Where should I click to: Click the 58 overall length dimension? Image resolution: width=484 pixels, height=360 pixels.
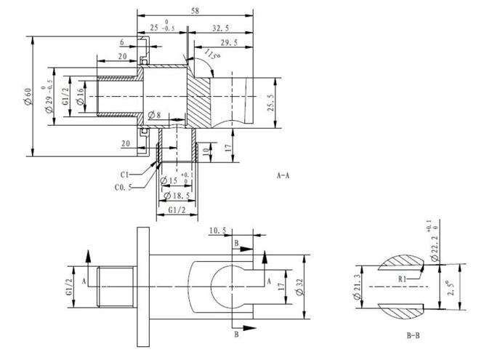click(x=195, y=10)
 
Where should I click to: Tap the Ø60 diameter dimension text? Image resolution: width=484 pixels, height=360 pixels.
click(x=28, y=96)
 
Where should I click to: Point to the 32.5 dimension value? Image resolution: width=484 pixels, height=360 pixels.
click(x=221, y=28)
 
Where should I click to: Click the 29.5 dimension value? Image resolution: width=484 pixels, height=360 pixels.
click(x=230, y=43)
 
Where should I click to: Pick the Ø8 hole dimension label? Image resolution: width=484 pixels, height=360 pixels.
click(x=154, y=115)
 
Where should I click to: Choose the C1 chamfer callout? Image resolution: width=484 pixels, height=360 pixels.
click(x=124, y=175)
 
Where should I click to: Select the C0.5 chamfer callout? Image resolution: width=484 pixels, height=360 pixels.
click(x=123, y=187)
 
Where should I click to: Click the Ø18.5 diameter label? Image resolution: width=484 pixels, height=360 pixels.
click(x=177, y=196)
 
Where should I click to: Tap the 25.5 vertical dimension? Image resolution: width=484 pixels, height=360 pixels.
click(x=270, y=103)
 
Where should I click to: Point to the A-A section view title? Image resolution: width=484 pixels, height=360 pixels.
click(x=283, y=175)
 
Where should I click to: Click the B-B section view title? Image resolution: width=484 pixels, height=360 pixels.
click(x=413, y=335)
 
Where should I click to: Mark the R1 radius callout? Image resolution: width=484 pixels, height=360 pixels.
click(x=402, y=279)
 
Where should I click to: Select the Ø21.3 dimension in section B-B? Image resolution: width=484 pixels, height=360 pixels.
click(x=357, y=287)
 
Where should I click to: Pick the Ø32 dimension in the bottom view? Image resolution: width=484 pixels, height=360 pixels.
click(x=299, y=287)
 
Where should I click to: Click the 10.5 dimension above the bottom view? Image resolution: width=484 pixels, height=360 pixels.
click(x=218, y=231)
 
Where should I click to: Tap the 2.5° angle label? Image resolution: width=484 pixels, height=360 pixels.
click(x=451, y=288)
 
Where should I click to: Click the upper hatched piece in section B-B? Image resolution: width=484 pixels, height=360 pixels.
click(x=401, y=263)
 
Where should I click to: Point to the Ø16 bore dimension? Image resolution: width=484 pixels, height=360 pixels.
click(x=80, y=97)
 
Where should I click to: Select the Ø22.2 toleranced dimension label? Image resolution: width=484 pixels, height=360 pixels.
click(x=435, y=244)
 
